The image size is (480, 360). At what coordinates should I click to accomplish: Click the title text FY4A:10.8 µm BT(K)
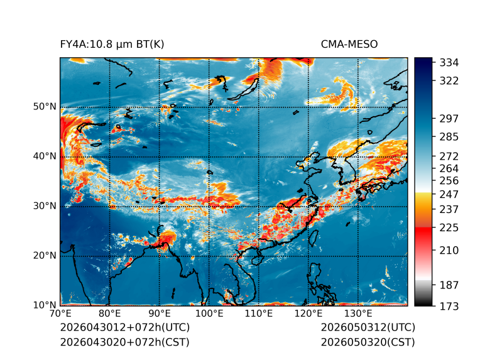coord(112,45)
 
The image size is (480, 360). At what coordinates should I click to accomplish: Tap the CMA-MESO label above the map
coord(349,45)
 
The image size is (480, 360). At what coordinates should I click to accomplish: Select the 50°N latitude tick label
coord(45,107)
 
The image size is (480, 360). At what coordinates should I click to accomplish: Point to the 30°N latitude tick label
coord(45,206)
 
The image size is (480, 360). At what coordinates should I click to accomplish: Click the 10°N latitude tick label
coord(45,305)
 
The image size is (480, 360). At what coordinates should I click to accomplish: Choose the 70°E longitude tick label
coord(60,314)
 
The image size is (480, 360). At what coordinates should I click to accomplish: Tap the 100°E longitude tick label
coord(209,314)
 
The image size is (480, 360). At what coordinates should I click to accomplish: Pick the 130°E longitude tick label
coord(358,314)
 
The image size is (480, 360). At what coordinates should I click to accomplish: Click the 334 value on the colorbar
coord(449,63)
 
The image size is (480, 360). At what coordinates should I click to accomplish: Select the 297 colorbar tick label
coord(449,119)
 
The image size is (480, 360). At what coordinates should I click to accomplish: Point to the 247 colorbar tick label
coord(449,194)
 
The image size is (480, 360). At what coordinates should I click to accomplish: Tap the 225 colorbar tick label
coord(449,228)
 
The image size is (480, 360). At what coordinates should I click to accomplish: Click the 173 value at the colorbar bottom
coord(449,306)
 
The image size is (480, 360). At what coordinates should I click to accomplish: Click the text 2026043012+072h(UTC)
coord(125,327)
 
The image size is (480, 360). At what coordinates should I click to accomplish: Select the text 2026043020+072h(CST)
coord(124,342)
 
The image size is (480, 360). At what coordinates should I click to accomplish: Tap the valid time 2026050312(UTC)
coord(368,327)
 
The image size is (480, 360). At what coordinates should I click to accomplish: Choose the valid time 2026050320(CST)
coord(368,342)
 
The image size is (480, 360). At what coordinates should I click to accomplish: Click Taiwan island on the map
coord(314,238)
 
